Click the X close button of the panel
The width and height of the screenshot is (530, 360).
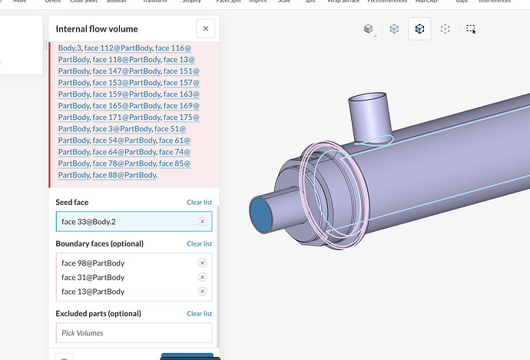(205, 29)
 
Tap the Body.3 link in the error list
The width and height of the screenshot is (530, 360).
(68, 48)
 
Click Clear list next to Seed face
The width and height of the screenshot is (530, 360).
(199, 203)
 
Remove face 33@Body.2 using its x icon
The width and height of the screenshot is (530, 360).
(202, 221)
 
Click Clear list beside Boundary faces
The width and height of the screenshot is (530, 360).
(199, 244)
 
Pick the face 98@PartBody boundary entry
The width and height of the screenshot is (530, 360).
(93, 263)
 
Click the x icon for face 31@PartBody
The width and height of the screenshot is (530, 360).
(202, 277)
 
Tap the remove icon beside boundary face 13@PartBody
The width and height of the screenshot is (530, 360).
(202, 292)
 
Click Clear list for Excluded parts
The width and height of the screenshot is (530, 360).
(199, 314)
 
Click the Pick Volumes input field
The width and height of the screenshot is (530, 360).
(134, 333)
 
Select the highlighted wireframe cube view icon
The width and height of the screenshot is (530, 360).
(419, 28)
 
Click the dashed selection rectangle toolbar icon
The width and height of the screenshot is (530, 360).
(471, 29)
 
